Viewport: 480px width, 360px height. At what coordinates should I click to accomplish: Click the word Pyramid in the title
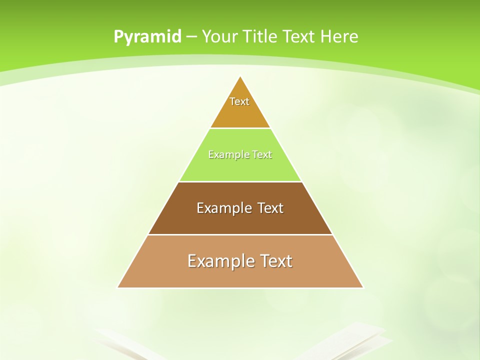(x=147, y=37)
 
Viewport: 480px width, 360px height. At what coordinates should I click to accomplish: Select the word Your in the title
(x=220, y=36)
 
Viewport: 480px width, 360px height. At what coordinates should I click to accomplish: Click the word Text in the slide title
(x=299, y=36)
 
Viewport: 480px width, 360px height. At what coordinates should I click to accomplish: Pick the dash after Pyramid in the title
(x=191, y=37)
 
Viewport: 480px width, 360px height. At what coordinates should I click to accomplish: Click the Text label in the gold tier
(x=239, y=101)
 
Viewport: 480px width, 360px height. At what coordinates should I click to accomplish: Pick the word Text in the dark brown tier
(x=270, y=208)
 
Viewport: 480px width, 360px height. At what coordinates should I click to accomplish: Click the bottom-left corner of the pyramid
(x=118, y=287)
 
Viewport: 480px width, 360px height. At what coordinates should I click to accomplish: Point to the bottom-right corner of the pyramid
(x=363, y=287)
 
